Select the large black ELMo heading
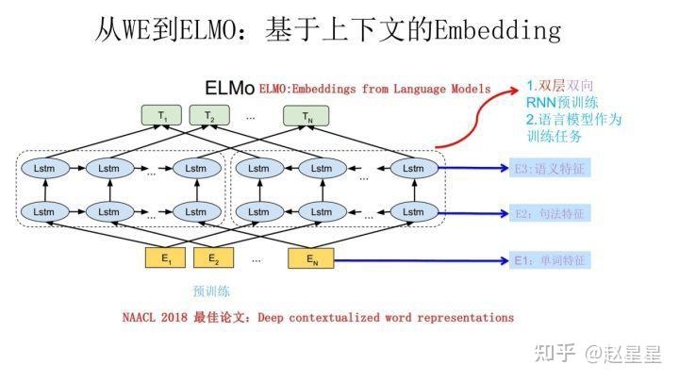[229, 89]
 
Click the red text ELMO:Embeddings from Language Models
[374, 89]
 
